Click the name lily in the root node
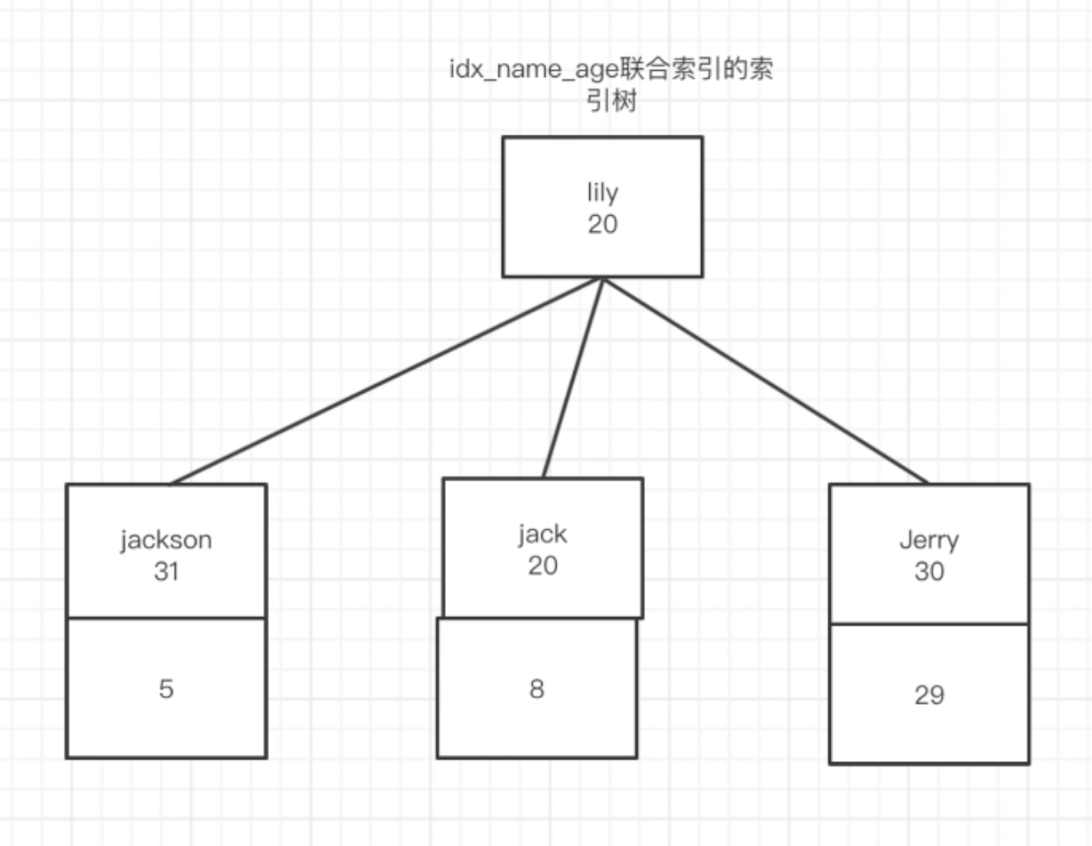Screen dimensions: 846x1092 602,192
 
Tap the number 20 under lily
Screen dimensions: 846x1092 602,224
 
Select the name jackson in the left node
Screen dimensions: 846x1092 166,540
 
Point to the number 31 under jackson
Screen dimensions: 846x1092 166,572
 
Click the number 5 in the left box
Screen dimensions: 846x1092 166,688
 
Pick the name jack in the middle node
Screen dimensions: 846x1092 542,535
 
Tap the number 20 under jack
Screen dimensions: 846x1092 542,565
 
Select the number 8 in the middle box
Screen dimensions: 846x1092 536,688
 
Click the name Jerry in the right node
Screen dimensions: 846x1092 929,540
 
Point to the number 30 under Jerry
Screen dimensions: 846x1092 929,572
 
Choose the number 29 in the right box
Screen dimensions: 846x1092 929,695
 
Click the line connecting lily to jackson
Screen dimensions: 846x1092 387,381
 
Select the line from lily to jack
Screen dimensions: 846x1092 573,379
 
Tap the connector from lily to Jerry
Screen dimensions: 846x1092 765,381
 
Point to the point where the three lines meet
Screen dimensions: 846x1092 603,279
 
